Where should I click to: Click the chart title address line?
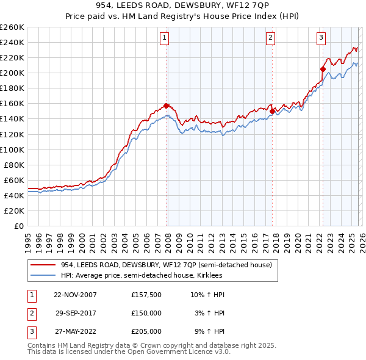pyautogui.click(x=183, y=5)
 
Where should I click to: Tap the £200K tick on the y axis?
pyautogui.click(x=12, y=73)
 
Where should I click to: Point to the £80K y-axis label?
pyautogui.click(x=14, y=165)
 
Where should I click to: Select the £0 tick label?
pyautogui.click(x=18, y=226)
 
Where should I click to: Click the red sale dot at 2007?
pyautogui.click(x=167, y=106)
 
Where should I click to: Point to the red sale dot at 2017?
pyautogui.click(x=272, y=111)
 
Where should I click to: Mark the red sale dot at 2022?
pyautogui.click(x=322, y=69)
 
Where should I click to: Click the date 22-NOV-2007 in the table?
pyautogui.click(x=76, y=295)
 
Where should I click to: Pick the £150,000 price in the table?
pyautogui.click(x=146, y=313)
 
